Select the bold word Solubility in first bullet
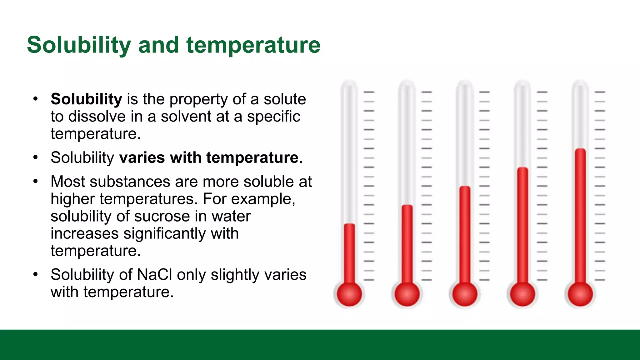click(x=86, y=99)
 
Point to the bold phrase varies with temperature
click(x=209, y=157)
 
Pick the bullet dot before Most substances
click(x=36, y=181)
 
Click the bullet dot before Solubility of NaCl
click(x=36, y=274)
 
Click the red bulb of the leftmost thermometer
click(x=349, y=294)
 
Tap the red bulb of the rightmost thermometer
click(x=580, y=294)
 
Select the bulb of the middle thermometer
click(x=465, y=294)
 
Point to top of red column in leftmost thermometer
click(x=349, y=225)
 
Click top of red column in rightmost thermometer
click(x=580, y=150)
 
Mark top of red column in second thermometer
click(x=407, y=206)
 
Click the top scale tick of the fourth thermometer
click(x=542, y=92)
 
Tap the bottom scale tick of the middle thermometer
click(x=484, y=280)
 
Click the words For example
click(x=249, y=199)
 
